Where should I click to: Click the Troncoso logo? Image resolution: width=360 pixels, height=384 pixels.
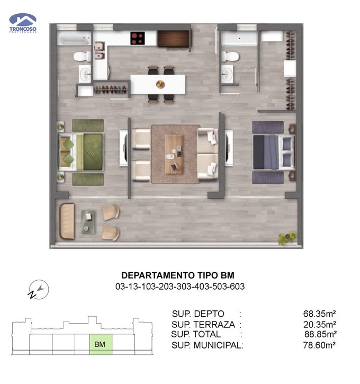tap(23, 23)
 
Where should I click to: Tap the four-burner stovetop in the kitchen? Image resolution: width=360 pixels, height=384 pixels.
tap(137, 38)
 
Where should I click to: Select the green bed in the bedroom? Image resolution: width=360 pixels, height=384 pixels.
tap(80, 152)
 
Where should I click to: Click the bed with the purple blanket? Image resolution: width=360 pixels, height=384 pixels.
tap(274, 152)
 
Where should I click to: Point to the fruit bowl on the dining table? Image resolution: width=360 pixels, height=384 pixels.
tap(160, 84)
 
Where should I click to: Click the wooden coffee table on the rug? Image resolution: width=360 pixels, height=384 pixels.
tap(174, 154)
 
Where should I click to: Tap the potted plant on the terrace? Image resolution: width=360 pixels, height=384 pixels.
tap(287, 237)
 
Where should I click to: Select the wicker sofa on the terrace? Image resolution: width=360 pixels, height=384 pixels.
tap(67, 221)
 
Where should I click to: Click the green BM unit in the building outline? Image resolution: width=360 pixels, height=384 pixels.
tap(101, 344)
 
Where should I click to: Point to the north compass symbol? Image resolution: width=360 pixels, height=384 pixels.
tap(39, 290)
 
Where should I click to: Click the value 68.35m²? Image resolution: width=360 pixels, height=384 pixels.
tap(319, 314)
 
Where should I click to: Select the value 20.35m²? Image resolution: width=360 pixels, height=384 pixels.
tap(320, 325)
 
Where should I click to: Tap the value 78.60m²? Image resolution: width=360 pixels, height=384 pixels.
tap(319, 345)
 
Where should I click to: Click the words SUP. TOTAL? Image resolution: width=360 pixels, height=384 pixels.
tap(196, 334)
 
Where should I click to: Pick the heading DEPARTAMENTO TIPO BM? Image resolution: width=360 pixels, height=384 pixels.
tap(178, 275)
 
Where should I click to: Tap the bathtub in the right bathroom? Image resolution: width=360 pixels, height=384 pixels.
tap(239, 39)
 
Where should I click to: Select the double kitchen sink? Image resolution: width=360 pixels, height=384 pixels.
tap(100, 50)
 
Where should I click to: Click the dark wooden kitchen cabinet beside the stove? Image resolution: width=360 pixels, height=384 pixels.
tap(173, 39)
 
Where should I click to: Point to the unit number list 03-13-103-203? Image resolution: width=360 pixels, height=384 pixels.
tap(180, 287)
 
